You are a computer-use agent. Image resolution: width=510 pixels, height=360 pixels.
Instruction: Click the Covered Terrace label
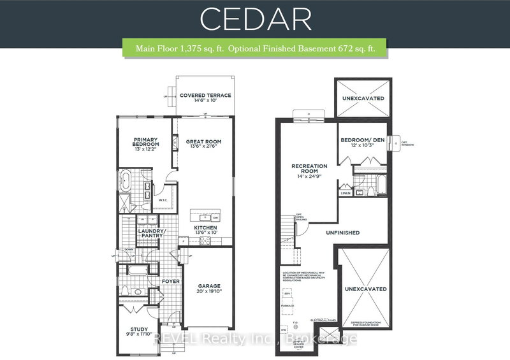coord(205,96)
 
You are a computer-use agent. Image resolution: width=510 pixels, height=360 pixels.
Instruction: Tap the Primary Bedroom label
coord(146,141)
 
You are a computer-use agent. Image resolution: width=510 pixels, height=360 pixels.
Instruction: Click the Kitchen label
coord(206,227)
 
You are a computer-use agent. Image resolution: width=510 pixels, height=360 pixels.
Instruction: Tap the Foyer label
coord(171,280)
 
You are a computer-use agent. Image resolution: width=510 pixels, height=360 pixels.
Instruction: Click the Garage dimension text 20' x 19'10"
coord(209,291)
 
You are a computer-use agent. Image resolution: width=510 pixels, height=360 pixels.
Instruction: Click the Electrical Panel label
coord(323,319)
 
